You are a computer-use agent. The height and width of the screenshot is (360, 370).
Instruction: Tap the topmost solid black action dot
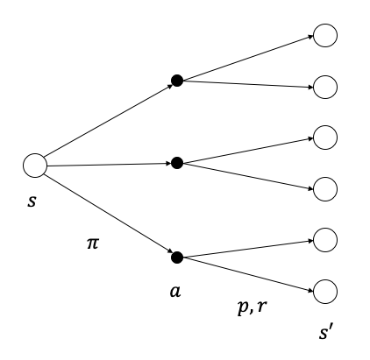coord(177,81)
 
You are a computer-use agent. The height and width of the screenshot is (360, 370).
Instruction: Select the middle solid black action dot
coord(177,163)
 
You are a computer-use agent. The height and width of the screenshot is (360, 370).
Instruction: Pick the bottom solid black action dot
coord(177,258)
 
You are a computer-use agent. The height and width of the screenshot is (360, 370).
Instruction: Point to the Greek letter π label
coord(93,244)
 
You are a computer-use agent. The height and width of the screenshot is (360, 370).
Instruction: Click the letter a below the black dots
coord(175,292)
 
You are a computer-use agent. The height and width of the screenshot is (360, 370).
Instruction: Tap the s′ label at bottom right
coord(325,333)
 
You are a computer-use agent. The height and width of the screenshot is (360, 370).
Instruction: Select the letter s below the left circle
coord(32,201)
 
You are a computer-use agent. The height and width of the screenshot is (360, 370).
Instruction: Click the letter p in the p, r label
coord(244,307)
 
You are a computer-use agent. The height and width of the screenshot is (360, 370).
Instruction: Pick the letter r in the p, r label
coord(261,307)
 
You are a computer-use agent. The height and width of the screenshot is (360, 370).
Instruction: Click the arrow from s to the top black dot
coord(109,121)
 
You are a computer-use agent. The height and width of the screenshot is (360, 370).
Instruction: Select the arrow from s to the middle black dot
coord(109,165)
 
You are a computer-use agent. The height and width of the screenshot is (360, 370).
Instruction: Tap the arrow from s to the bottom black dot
coord(109,214)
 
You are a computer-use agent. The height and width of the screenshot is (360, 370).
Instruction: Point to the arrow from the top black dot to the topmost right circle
coord(248,58)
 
